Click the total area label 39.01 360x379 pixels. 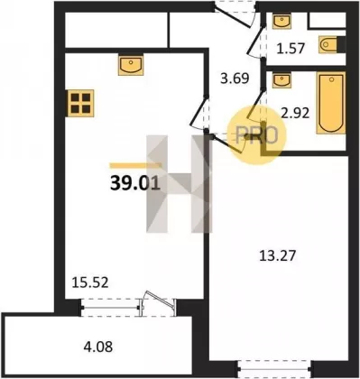(x=135, y=183)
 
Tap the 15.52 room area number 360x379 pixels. (x=90, y=282)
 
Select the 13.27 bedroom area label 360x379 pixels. (x=278, y=256)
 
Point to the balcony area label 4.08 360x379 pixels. (x=98, y=347)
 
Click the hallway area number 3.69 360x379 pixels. (x=235, y=79)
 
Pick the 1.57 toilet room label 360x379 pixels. (x=291, y=48)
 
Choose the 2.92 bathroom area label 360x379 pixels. (x=295, y=113)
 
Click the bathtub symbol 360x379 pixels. (x=331, y=103)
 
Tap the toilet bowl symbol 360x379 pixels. (x=328, y=45)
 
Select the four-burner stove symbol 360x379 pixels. (x=81, y=103)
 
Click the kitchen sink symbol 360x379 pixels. (x=131, y=64)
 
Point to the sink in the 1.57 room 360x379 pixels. (x=282, y=21)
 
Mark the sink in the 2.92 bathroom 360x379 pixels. (x=282, y=80)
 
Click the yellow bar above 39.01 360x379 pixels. (x=135, y=165)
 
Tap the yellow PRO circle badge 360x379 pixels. (x=257, y=135)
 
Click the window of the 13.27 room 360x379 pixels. (x=274, y=368)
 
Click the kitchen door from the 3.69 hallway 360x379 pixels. (x=198, y=112)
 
